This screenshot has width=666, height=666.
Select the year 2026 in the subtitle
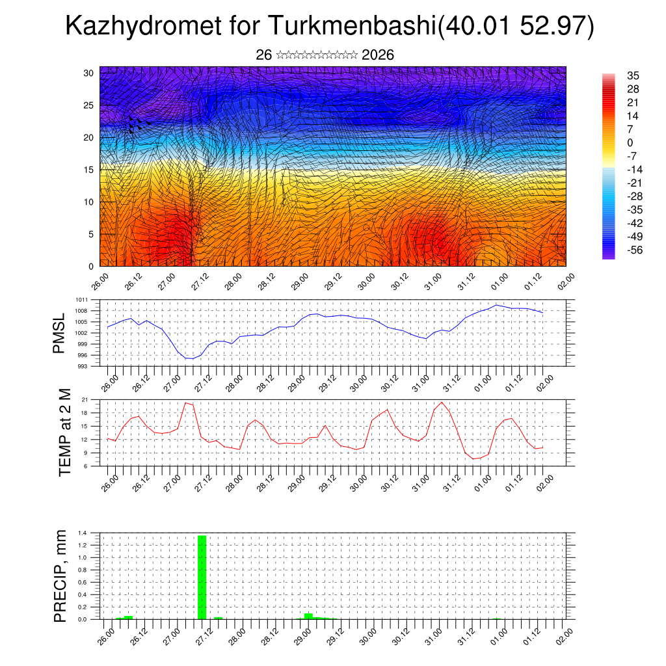click(x=377, y=55)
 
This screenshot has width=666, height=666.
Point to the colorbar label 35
click(x=632, y=75)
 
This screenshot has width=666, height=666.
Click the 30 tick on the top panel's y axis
click(x=89, y=73)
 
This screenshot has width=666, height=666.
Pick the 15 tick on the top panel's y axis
click(x=89, y=170)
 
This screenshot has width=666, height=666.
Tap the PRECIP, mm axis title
click(x=60, y=576)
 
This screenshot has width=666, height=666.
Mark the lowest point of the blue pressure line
click(x=189, y=358)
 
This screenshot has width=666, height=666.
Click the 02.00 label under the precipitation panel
click(x=563, y=634)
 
